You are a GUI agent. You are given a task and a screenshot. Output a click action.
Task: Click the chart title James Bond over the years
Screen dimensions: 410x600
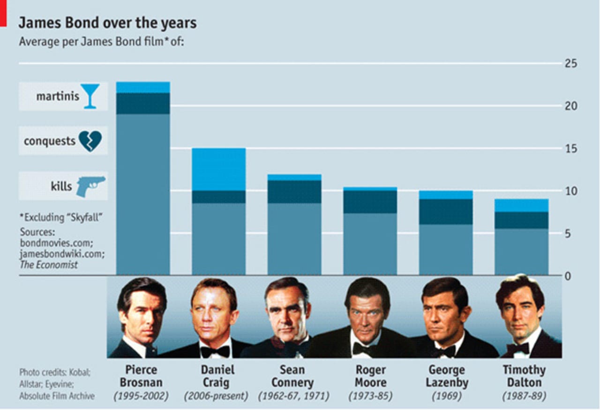(107, 23)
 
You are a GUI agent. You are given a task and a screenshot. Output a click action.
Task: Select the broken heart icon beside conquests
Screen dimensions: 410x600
(90, 141)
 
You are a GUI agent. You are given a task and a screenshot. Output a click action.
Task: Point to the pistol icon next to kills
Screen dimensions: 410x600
(91, 186)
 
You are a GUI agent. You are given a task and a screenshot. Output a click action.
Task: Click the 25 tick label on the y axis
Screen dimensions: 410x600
(571, 63)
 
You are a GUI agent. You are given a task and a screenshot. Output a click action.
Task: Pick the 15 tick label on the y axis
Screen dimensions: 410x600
(571, 148)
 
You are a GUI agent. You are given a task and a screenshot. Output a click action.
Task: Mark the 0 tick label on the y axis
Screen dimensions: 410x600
(568, 276)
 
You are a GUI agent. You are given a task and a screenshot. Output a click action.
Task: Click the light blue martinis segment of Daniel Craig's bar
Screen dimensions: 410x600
(219, 169)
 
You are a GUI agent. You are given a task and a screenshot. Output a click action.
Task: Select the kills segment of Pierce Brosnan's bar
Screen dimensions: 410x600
(143, 193)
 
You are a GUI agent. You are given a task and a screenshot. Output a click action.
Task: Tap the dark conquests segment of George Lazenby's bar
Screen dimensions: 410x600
(446, 211)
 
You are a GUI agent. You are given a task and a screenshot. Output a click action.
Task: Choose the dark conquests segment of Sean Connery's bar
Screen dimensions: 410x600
(294, 192)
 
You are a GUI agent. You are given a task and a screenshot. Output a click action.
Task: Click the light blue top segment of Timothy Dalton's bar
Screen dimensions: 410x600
(522, 205)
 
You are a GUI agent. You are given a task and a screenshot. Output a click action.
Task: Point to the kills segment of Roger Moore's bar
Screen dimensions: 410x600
(370, 244)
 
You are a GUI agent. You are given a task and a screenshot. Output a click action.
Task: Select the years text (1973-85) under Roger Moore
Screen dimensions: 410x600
(370, 396)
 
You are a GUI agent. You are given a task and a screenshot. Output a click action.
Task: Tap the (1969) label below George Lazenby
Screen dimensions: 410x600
(447, 396)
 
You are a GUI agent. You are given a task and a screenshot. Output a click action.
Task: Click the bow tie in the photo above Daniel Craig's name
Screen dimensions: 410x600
(215, 351)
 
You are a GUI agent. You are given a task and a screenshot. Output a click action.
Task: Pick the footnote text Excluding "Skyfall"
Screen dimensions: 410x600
(60, 217)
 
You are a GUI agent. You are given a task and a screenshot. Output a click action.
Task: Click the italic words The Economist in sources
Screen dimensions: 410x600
(49, 265)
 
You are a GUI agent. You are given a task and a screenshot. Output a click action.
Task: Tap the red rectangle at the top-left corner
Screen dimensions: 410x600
(3, 13)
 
